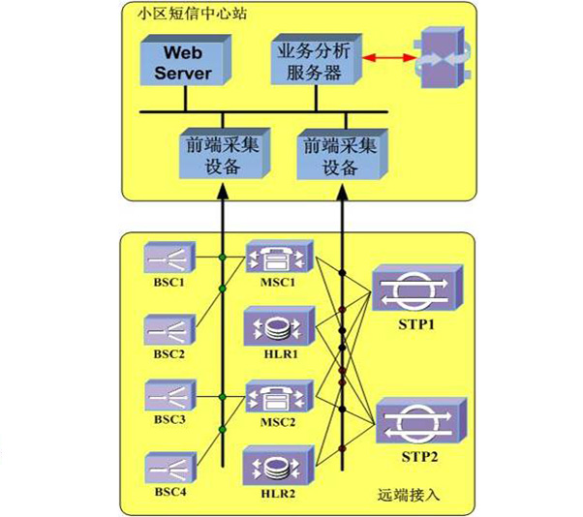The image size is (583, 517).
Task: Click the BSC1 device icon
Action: [169, 258]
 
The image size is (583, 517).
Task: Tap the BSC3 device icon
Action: [169, 398]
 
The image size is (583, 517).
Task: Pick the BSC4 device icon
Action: [169, 469]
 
